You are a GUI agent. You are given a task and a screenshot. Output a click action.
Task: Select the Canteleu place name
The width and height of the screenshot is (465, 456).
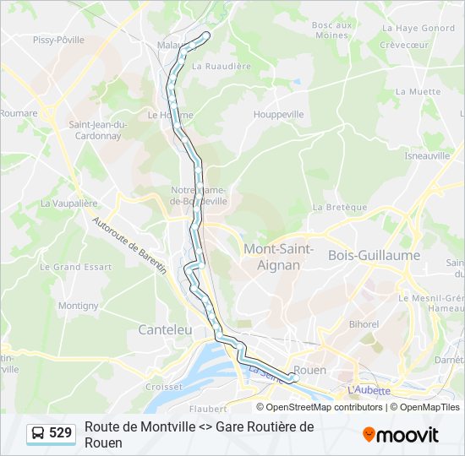165,329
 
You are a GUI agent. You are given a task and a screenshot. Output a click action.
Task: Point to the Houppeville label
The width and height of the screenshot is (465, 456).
279,113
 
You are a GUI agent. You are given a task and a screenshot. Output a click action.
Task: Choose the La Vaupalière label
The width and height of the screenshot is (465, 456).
69,204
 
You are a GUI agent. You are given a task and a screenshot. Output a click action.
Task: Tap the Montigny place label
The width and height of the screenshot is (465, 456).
79,306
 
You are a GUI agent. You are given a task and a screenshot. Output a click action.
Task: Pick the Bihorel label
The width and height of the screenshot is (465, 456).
364,323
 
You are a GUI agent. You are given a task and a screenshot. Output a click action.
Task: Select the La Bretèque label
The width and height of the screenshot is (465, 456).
340,207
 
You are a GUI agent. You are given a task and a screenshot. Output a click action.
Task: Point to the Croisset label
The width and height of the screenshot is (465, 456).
164,387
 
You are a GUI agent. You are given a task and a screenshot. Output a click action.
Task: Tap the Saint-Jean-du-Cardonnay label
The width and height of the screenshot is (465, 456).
98,129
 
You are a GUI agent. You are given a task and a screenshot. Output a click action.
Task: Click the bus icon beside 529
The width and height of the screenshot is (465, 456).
38,433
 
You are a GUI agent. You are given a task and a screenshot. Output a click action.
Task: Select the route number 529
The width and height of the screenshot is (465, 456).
61,433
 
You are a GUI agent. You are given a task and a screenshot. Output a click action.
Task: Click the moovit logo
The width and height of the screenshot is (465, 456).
401,435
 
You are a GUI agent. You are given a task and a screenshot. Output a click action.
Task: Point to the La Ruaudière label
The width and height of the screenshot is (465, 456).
222,65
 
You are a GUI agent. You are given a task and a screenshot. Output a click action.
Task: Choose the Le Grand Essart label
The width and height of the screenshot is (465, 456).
75,267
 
